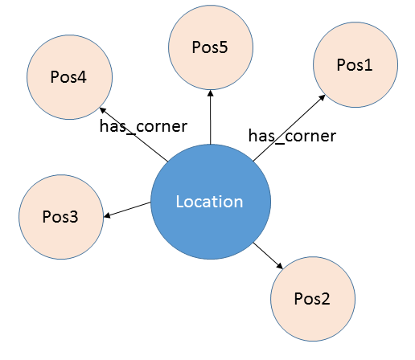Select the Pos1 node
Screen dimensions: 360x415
pos(354,64)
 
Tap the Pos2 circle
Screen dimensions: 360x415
pos(313,297)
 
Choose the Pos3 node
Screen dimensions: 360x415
pos(60,216)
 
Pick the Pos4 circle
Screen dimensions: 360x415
pos(68,78)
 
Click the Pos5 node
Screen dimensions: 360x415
pos(210,48)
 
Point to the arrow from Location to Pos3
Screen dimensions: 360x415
pos(127,210)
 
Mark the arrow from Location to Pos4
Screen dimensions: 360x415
pos(133,133)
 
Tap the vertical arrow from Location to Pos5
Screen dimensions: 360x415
pos(210,117)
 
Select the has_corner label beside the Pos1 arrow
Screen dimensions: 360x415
pos(291,135)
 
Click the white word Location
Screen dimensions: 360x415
pos(209,201)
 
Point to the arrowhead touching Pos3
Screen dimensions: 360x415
pos(107,215)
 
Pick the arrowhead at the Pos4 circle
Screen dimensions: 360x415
pos(103,108)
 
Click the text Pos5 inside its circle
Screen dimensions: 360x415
pos(210,47)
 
